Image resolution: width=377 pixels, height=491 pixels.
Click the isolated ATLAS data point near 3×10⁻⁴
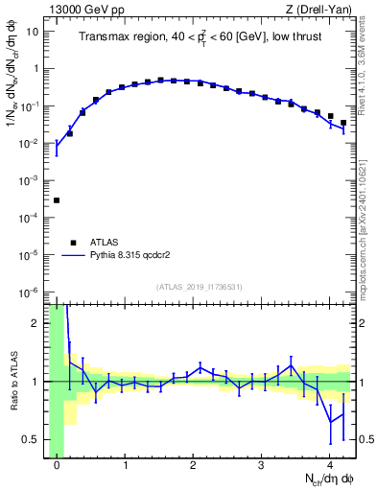click(57, 200)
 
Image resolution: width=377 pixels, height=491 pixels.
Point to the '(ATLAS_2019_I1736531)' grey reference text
click(200, 287)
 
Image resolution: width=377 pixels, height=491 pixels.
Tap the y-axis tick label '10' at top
click(33, 32)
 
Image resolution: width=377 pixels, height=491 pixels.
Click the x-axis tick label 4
click(330, 466)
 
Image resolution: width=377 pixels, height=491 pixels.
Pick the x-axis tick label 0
click(57, 466)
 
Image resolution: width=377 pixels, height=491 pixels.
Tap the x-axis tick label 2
click(194, 466)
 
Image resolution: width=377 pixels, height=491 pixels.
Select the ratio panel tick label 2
click(35, 323)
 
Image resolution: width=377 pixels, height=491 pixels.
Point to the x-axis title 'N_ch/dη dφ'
click(327, 480)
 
